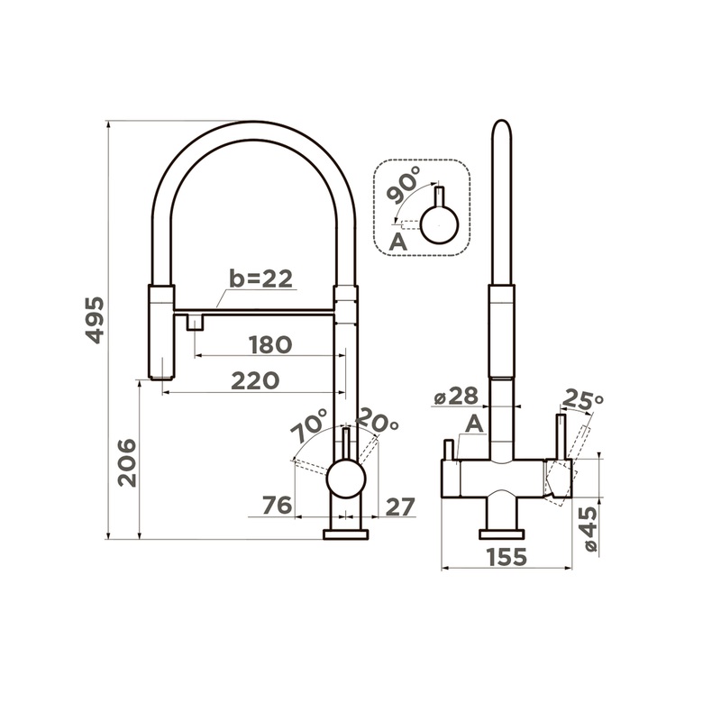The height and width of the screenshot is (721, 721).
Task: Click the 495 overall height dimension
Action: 96,321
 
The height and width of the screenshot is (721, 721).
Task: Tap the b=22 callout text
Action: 260,278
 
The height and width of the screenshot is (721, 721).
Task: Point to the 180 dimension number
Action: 270,344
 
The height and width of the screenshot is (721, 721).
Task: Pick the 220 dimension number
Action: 255,380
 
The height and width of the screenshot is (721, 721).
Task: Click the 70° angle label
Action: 310,425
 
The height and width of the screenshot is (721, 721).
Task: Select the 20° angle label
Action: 377,420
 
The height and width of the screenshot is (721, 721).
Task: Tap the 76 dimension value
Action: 278,505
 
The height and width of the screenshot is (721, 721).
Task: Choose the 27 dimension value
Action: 399,507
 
